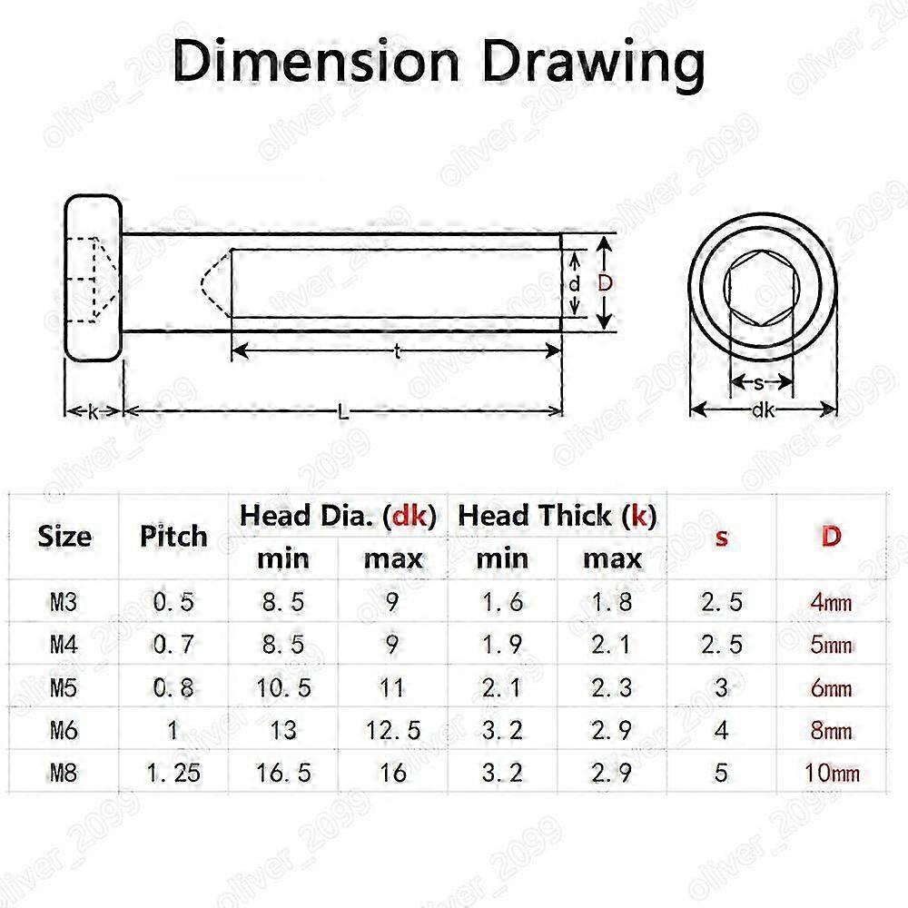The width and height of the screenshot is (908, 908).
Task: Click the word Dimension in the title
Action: pyautogui.click(x=317, y=63)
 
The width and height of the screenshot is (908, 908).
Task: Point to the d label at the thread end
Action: pyautogui.click(x=575, y=283)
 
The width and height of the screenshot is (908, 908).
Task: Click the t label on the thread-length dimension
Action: pyautogui.click(x=398, y=353)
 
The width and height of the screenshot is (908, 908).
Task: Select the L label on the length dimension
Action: pyautogui.click(x=343, y=411)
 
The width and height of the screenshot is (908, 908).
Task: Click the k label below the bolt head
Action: pyautogui.click(x=94, y=411)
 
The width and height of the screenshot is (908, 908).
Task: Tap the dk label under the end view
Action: pyautogui.click(x=763, y=410)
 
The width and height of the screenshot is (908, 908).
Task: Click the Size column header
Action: pyautogui.click(x=64, y=536)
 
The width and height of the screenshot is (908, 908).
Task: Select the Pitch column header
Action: pyautogui.click(x=173, y=536)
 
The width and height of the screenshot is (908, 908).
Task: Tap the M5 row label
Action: pyautogui.click(x=64, y=688)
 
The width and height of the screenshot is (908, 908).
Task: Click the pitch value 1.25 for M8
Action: pyautogui.click(x=173, y=773)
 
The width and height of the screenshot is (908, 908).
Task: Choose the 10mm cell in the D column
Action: pyautogui.click(x=831, y=774)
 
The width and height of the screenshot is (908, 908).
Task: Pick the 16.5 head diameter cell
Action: pyautogui.click(x=283, y=773)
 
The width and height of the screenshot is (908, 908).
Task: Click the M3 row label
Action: pyautogui.click(x=64, y=602)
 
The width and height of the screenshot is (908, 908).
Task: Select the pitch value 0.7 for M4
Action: pyautogui.click(x=173, y=645)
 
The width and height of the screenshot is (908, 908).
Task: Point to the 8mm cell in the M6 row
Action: pyautogui.click(x=831, y=730)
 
